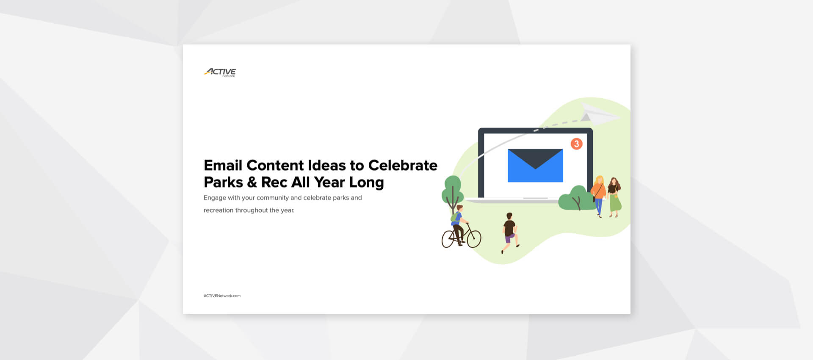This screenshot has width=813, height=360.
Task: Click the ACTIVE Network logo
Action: pos(220,72)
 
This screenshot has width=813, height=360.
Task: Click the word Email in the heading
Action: pos(223,165)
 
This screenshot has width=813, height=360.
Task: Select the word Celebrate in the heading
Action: pos(403,165)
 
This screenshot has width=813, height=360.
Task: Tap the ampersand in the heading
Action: pos(252,182)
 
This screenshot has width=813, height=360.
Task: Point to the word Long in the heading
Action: pos(366,183)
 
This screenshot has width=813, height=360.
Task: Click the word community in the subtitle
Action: pos(272,198)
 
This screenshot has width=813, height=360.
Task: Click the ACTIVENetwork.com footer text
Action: pos(222,296)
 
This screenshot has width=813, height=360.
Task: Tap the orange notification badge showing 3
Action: pos(576,144)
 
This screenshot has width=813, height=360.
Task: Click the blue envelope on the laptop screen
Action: pos(535,166)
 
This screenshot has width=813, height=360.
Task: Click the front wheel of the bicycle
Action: pos(474,239)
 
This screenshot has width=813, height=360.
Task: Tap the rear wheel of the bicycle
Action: pos(448,239)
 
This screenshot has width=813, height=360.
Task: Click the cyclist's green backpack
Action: pos(455,217)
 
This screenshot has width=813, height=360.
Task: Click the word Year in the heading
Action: pos(329,183)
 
